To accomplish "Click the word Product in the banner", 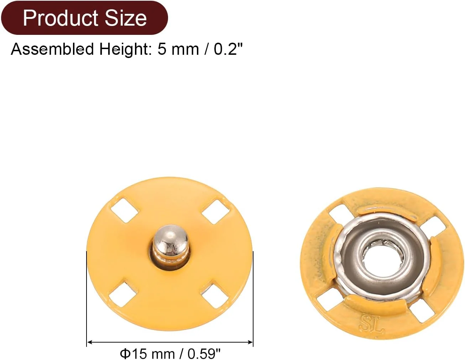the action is coord(60,18).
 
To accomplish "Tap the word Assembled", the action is coord(52,49).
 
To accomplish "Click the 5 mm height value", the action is coord(178,49).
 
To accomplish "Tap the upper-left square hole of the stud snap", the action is coord(124,210).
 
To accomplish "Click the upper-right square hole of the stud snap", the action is coord(216,212).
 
